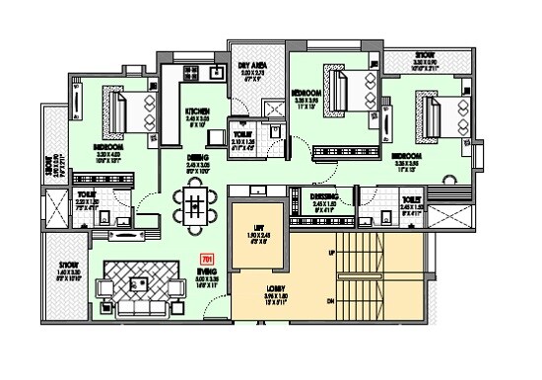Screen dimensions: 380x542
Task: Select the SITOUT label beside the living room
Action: pos(68,265)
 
